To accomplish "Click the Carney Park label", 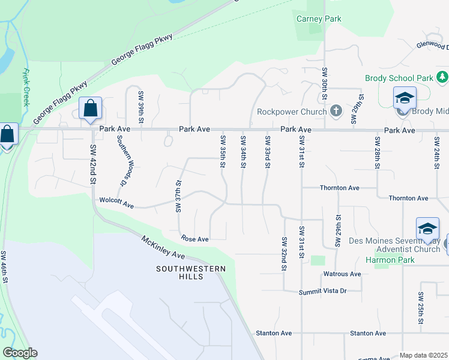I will [319, 19].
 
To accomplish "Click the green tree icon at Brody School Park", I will [442, 77].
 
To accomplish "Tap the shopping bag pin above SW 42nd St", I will [90, 109].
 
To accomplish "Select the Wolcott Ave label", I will [116, 203].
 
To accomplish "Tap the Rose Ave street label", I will [194, 239].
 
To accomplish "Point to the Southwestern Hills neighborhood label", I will [191, 272].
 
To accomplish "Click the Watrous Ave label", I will [342, 274].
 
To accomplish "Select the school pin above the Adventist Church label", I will [427, 229].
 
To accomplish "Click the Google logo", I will [20, 353].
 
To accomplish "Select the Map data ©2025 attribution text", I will [423, 355].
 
